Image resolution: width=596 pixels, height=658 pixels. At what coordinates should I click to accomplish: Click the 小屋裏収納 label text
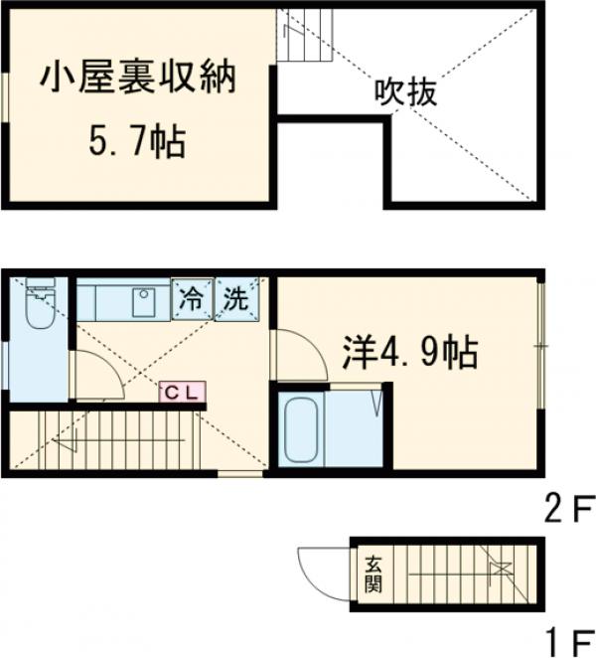138,79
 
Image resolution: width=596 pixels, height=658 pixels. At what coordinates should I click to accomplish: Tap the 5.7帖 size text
137,144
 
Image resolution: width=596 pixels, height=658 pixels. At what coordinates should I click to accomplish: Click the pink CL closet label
182,392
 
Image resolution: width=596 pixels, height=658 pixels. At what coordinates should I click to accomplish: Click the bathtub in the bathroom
300,429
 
